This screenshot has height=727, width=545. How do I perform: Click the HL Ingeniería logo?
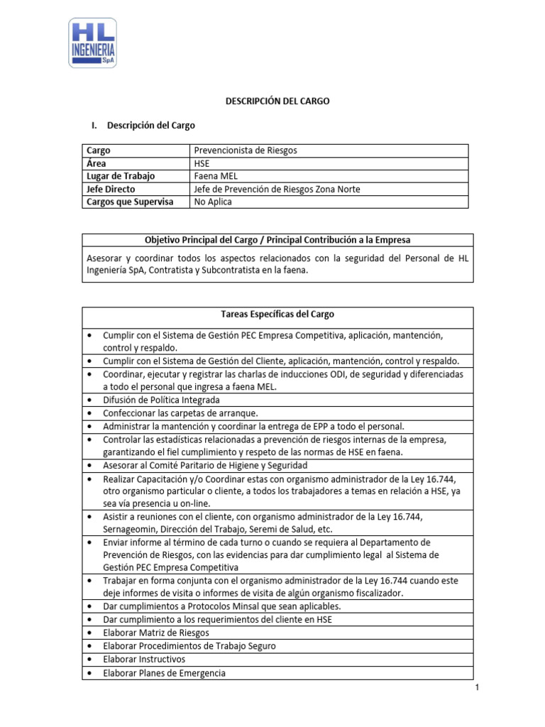92,43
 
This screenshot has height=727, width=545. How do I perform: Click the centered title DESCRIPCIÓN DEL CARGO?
277,102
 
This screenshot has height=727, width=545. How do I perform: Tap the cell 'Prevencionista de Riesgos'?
246,151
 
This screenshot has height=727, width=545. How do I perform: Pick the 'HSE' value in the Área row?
202,163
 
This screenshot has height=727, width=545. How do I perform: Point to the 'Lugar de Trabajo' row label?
120,176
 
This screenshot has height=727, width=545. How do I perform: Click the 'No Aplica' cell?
213,202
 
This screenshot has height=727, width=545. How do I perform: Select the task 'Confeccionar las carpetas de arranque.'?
180,412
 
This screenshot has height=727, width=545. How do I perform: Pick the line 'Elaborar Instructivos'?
144,659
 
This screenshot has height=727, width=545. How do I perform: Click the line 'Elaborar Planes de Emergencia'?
164,672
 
